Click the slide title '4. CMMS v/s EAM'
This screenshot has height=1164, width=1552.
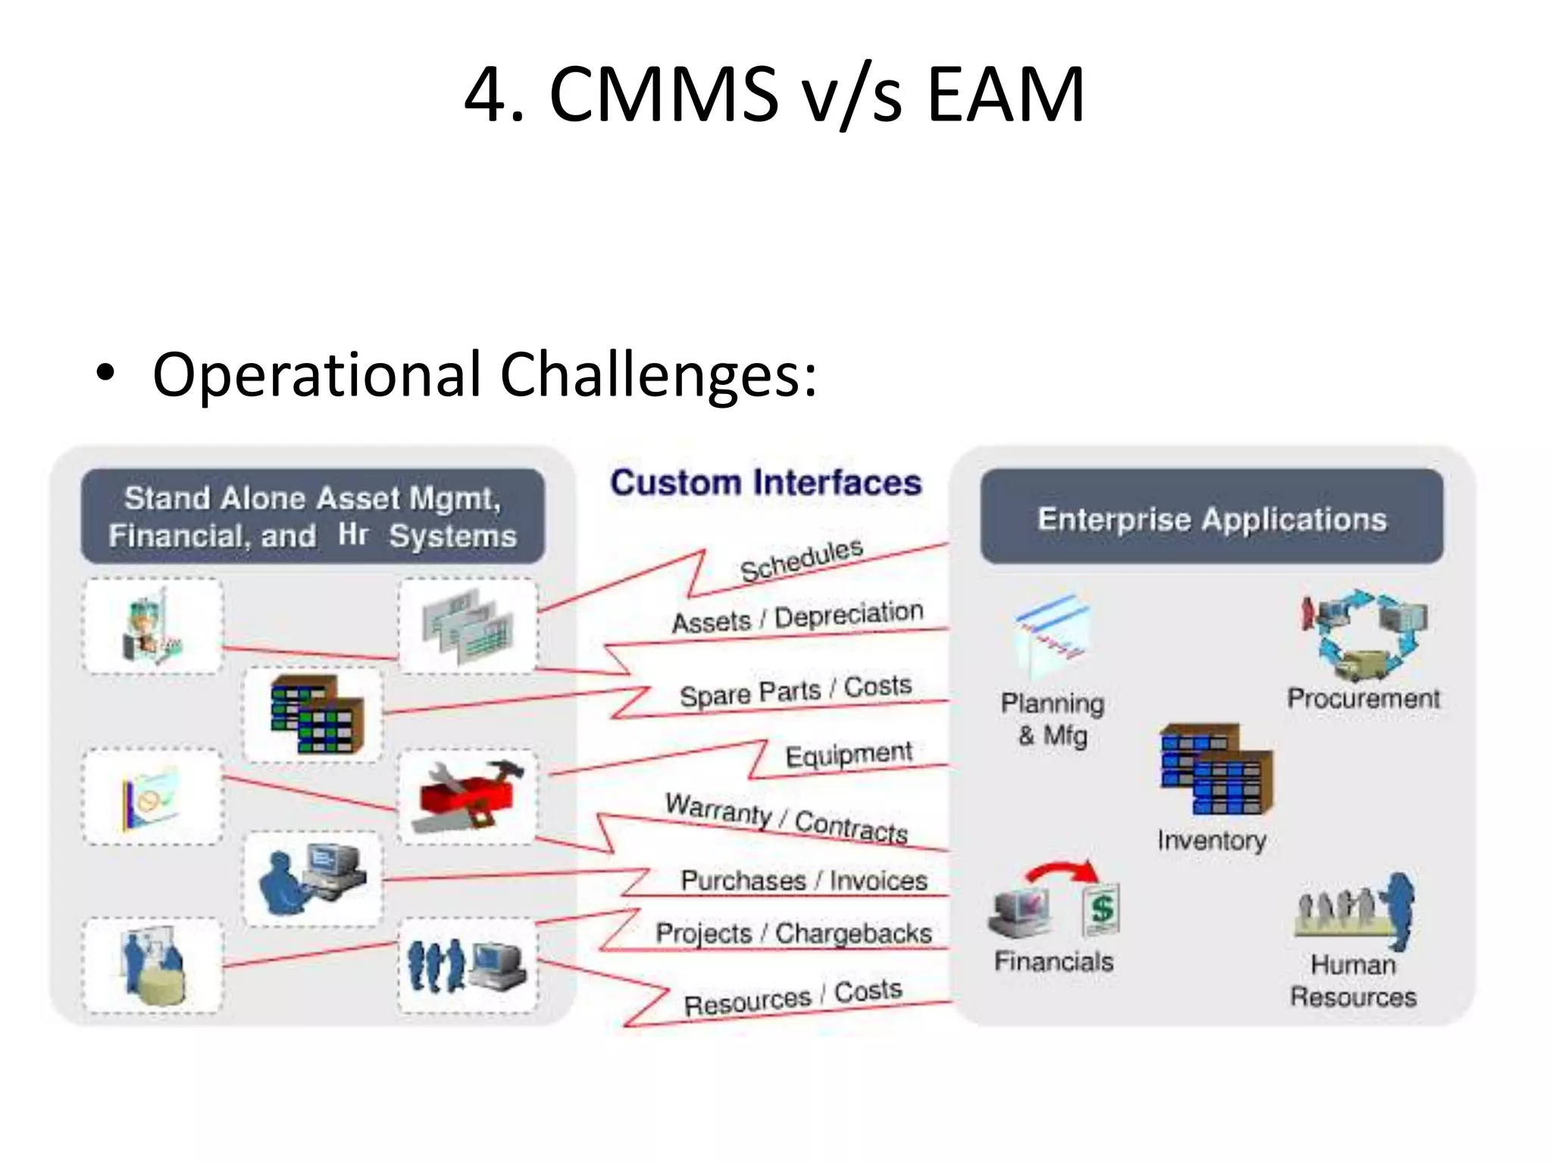click(774, 95)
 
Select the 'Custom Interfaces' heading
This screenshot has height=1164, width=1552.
click(765, 483)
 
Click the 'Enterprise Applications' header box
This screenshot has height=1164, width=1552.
click(1211, 518)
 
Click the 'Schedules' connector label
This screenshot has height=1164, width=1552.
click(801, 560)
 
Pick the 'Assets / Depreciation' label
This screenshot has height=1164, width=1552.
click(797, 617)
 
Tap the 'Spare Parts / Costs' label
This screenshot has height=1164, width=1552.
click(795, 690)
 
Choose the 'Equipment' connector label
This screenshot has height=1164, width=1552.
click(848, 755)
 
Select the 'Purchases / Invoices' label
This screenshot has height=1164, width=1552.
click(803, 881)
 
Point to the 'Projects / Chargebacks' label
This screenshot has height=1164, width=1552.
click(793, 933)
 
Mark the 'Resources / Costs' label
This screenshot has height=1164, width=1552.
click(793, 997)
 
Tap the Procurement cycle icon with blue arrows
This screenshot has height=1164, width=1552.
click(1364, 635)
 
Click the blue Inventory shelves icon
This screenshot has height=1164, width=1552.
click(1216, 769)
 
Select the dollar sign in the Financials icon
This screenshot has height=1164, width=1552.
click(1101, 908)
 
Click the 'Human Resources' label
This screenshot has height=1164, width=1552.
click(1353, 981)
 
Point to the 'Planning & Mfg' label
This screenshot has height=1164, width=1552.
click(1053, 718)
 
